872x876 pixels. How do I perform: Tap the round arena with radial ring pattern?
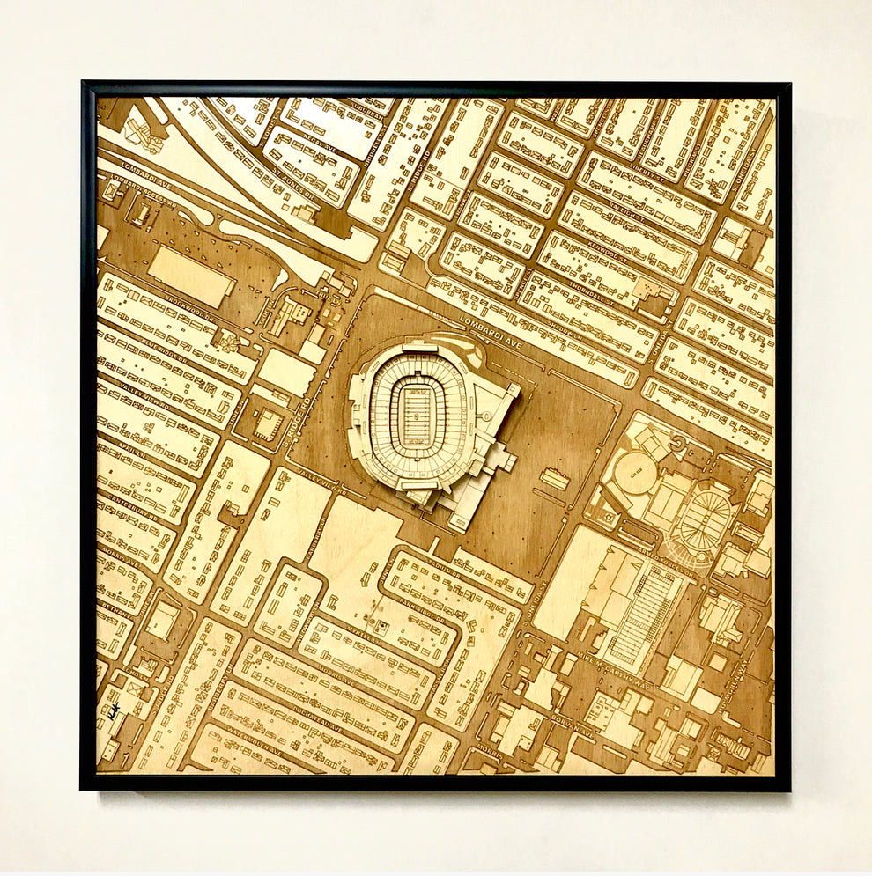[x=704, y=523]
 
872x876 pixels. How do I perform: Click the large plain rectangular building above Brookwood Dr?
[x=190, y=276]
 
